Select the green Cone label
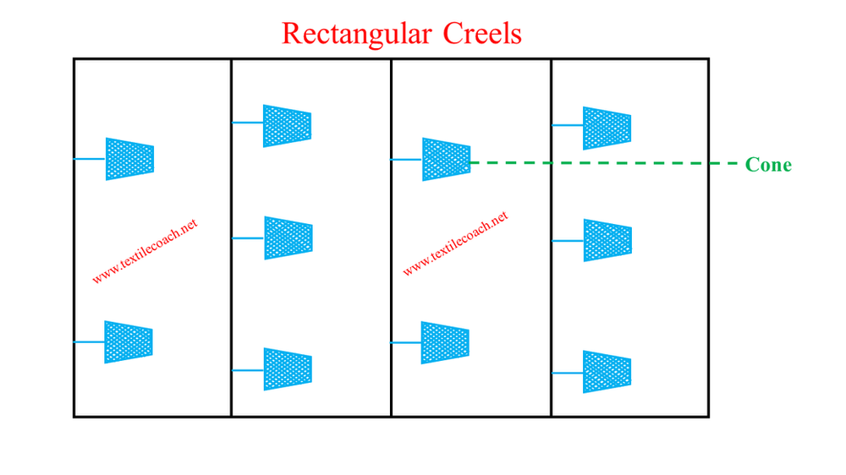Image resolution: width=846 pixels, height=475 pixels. click(768, 165)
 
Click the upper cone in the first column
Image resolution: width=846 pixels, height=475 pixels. click(129, 159)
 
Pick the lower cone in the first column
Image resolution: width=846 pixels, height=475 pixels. click(129, 342)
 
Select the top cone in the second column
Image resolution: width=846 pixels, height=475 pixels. click(287, 125)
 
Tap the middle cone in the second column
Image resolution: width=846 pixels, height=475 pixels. click(288, 238)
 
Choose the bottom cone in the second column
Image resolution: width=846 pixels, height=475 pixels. click(288, 369)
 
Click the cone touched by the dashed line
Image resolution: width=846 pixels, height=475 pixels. click(446, 159)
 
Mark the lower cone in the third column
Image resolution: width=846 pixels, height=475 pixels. click(445, 342)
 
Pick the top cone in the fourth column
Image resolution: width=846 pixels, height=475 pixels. click(607, 128)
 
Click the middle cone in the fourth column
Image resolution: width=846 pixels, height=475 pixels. click(607, 240)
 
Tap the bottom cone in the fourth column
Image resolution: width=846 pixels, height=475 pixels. click(607, 372)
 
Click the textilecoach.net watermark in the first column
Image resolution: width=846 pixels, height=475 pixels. click(145, 252)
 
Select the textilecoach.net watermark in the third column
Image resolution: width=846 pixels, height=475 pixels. click(455, 244)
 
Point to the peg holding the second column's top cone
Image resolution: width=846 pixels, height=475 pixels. click(248, 123)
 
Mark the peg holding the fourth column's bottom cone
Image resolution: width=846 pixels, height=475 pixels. click(568, 372)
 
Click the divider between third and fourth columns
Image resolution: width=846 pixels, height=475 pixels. click(552, 254)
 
